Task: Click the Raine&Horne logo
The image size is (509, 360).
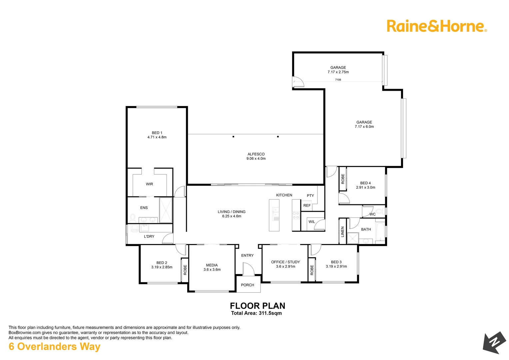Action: (436, 26)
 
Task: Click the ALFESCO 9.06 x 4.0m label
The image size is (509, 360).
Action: (256, 156)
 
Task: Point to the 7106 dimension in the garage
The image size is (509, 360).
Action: (338, 80)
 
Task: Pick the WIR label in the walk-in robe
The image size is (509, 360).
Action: (149, 184)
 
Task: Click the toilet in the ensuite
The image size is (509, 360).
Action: (133, 218)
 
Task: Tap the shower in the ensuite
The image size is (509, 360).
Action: (166, 210)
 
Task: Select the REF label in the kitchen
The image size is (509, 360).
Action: (307, 205)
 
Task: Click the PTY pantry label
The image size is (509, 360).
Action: (310, 196)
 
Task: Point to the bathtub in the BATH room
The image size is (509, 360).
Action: (380, 231)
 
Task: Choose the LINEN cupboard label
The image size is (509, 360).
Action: (342, 232)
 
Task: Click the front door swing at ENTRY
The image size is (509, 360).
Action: (249, 269)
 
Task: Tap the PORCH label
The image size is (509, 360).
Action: (248, 285)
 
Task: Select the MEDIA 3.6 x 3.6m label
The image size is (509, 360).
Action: (212, 267)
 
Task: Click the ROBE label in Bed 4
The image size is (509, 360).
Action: (343, 179)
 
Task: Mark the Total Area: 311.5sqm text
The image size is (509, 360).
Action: (256, 313)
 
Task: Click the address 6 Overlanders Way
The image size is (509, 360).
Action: (55, 347)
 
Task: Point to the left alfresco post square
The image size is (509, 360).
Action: (233, 137)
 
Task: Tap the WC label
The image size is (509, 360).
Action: (372, 214)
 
